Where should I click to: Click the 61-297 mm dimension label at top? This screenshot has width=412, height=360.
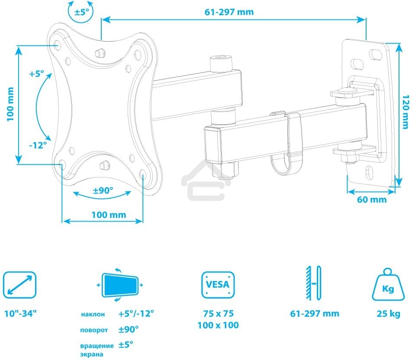pyautogui.click(x=229, y=12)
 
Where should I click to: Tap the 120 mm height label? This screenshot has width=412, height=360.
pyautogui.click(x=405, y=112)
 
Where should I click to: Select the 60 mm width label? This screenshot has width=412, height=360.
pyautogui.click(x=372, y=199)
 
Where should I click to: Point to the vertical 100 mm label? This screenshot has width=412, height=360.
pyautogui.click(x=10, y=104)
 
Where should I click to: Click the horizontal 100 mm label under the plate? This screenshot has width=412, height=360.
pyautogui.click(x=109, y=215)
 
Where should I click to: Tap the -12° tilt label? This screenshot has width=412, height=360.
pyautogui.click(x=38, y=145)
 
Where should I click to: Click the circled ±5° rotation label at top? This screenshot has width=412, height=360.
pyautogui.click(x=81, y=12)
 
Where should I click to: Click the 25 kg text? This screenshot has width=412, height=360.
pyautogui.click(x=388, y=314)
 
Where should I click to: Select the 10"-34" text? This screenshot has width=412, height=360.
pyautogui.click(x=20, y=314)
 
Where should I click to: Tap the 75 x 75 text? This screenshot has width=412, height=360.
pyautogui.click(x=218, y=314)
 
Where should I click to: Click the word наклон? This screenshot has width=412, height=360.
pyautogui.click(x=92, y=314)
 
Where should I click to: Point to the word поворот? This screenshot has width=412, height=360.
pyautogui.click(x=93, y=330)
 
